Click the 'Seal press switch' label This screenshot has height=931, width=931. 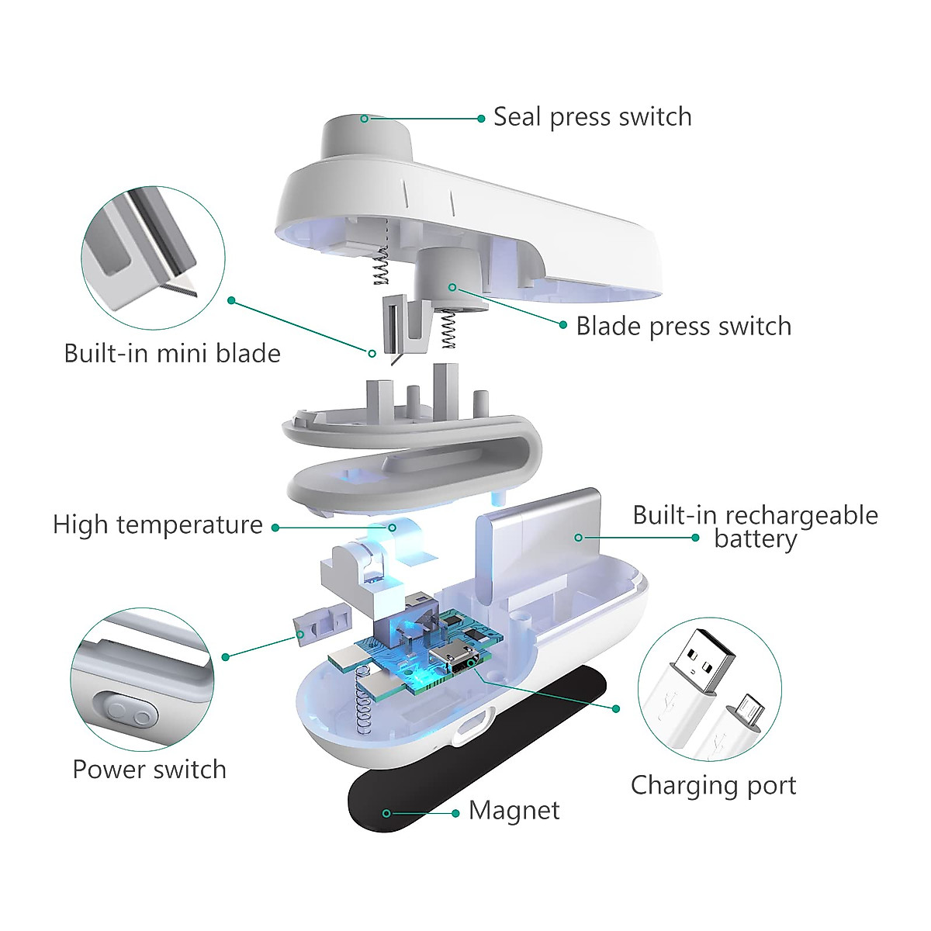pyautogui.click(x=592, y=117)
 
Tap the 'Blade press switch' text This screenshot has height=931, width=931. pyautogui.click(x=683, y=327)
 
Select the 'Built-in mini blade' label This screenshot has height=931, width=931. pyautogui.click(x=172, y=354)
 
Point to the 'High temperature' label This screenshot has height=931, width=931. pyautogui.click(x=157, y=525)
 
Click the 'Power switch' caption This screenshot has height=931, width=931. pyautogui.click(x=149, y=770)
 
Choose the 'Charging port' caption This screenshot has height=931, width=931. pyautogui.click(x=713, y=785)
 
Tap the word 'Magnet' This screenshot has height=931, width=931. pyautogui.click(x=514, y=811)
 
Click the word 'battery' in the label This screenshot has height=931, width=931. pyautogui.click(x=755, y=539)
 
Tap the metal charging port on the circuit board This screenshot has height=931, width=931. pyautogui.click(x=454, y=660)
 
